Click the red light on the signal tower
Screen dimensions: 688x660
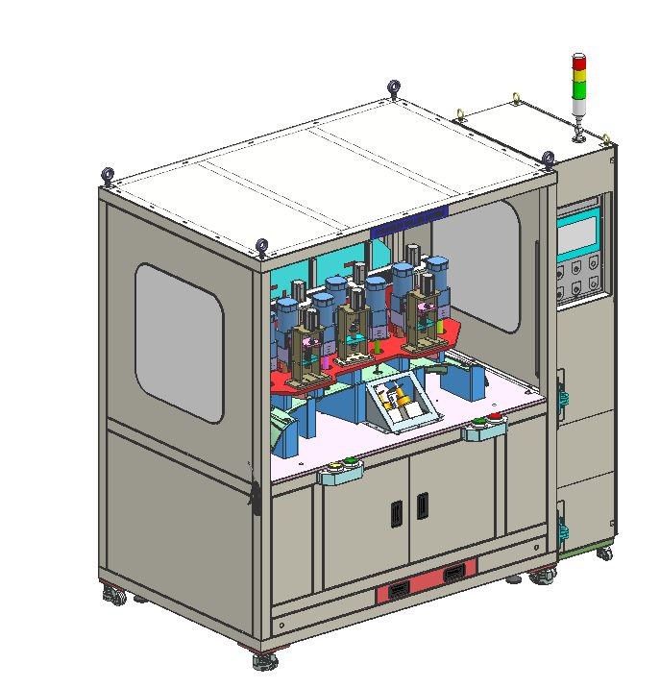point(579,62)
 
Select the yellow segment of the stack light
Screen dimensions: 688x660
point(579,78)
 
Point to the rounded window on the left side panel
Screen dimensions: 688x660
point(180,343)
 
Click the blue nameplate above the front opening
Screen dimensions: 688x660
point(409,219)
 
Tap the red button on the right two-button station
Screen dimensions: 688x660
point(496,419)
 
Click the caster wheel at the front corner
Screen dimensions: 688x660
point(265,660)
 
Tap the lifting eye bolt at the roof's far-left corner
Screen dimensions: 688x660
point(108,176)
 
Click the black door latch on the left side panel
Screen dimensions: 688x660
point(254,496)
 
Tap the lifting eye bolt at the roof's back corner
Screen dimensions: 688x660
point(394,90)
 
